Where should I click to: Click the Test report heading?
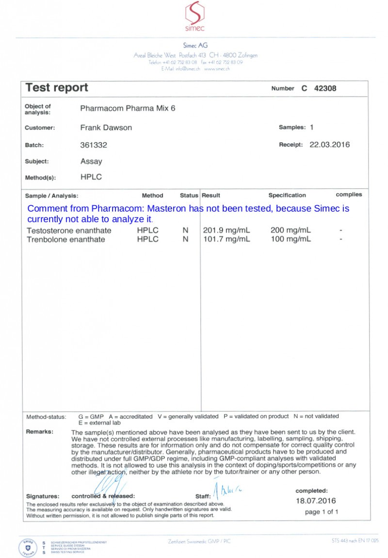[57, 88]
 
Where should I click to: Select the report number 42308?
[325, 88]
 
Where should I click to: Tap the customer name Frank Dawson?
[106, 128]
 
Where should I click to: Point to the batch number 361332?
[94, 145]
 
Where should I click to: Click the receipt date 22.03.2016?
[329, 145]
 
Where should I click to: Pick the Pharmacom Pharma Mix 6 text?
[128, 108]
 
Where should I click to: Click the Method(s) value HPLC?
[91, 177]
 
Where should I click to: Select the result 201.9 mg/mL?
[226, 230]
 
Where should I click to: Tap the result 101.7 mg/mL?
[226, 239]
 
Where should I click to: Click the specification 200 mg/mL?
[291, 230]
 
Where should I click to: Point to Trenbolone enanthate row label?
[65, 239]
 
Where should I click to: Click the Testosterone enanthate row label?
[69, 230]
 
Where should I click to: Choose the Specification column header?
[287, 195]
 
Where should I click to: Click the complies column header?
[349, 195]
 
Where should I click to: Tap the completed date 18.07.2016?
[316, 501]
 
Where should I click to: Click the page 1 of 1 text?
[322, 512]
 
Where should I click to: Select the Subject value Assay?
[91, 162]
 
